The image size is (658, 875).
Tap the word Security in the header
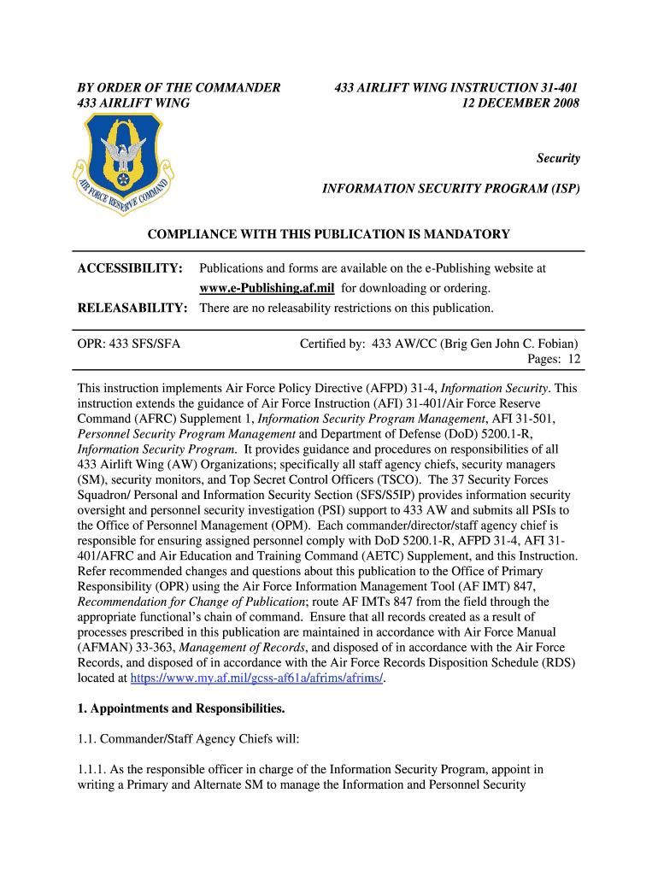(558, 158)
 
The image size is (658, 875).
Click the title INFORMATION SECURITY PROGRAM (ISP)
(450, 188)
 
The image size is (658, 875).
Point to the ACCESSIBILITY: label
(130, 268)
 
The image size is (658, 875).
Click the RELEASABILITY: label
(132, 308)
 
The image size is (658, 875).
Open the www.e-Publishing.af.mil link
(267, 288)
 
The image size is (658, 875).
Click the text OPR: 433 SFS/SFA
(129, 344)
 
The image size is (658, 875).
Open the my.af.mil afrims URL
(256, 678)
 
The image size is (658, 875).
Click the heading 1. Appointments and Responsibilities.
(180, 708)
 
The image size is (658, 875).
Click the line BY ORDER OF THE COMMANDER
(179, 87)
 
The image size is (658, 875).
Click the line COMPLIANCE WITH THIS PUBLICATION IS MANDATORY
(329, 234)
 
